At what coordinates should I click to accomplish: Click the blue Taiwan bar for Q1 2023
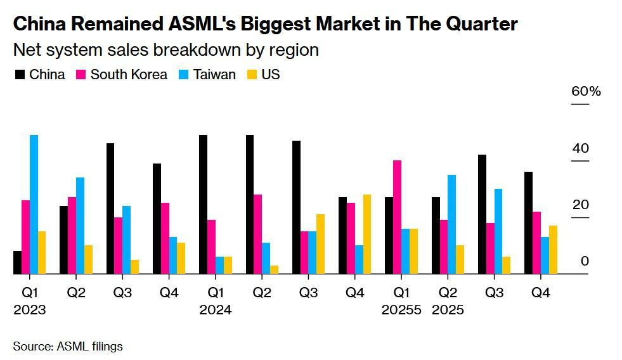tap(34, 204)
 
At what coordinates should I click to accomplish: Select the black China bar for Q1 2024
tap(203, 204)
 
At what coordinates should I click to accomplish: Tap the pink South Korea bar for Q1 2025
tap(397, 217)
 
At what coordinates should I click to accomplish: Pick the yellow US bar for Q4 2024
tap(367, 234)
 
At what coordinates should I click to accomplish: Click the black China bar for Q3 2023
tap(110, 209)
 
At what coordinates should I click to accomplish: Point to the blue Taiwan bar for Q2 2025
tap(451, 224)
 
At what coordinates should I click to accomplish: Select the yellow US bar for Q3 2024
tap(320, 244)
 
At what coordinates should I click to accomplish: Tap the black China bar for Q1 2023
tap(17, 262)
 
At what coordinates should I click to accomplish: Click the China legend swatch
tap(20, 75)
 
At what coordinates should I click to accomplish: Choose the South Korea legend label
tap(129, 75)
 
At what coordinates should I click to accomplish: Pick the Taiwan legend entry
tap(215, 75)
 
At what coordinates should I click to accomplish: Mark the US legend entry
tap(271, 75)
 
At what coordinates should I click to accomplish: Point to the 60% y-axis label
tap(586, 91)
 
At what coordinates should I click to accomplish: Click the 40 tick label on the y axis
tap(581, 149)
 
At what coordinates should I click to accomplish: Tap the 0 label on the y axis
tap(585, 261)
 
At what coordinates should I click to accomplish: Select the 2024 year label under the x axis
tap(216, 310)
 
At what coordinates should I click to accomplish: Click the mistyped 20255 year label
tap(401, 310)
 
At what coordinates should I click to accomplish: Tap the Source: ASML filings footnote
tap(68, 346)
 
